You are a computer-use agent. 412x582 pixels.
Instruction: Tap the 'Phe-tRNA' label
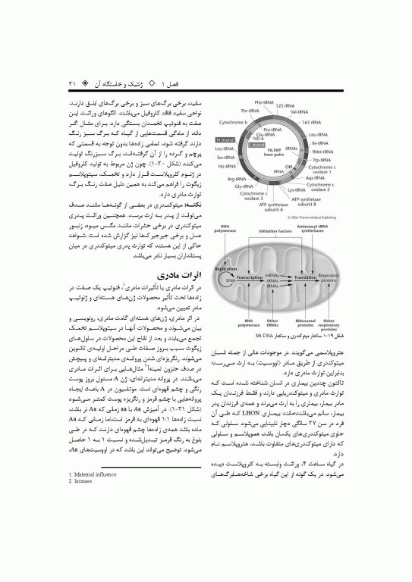[x=264, y=102]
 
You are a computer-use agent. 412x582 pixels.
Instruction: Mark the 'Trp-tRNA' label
[x=320, y=160]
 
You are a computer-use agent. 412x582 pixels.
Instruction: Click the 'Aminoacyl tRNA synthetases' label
[x=328, y=230]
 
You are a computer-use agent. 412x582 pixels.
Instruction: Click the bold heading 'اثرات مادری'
[x=177, y=273]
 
